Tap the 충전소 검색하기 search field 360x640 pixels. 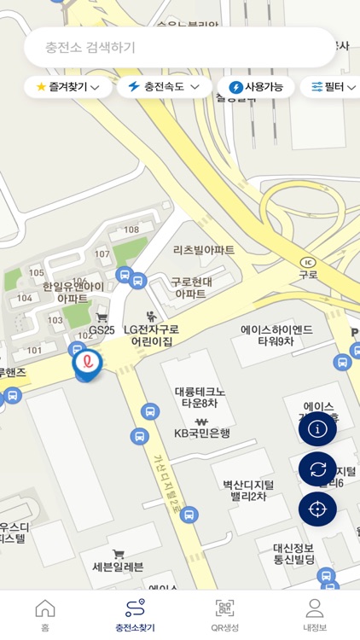(179, 47)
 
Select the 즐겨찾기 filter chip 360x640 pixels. (68, 87)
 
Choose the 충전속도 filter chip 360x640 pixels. (165, 87)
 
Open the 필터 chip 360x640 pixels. (333, 87)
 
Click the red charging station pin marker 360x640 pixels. (87, 364)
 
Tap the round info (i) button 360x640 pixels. (317, 429)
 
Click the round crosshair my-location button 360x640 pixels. (317, 509)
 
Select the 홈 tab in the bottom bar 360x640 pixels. (45, 615)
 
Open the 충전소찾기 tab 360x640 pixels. (135, 615)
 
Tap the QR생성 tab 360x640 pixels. (225, 615)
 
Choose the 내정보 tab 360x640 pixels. (315, 615)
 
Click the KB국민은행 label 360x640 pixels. (202, 433)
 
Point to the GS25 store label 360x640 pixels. (102, 329)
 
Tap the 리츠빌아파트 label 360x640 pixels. (204, 250)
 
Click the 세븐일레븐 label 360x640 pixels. (118, 567)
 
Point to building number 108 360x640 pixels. (131, 230)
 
